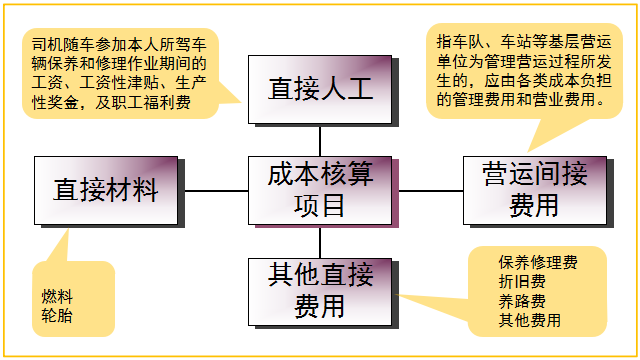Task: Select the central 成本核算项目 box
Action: click(319, 190)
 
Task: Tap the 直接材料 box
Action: click(105, 190)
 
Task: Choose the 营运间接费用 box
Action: click(534, 190)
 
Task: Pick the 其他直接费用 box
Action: click(319, 289)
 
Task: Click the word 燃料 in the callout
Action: click(57, 297)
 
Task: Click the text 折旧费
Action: click(522, 281)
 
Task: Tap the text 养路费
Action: click(522, 301)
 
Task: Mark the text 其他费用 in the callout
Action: click(530, 320)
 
